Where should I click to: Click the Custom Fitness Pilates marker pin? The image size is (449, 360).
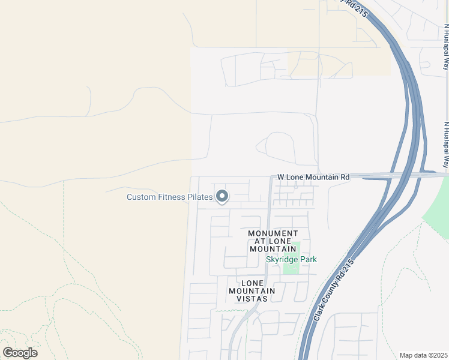click(x=222, y=196)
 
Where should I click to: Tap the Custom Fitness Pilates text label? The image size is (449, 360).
click(x=170, y=197)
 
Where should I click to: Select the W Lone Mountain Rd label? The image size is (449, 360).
click(x=313, y=178)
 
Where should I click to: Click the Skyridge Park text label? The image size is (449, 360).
click(x=291, y=259)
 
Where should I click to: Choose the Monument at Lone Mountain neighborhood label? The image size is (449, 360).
click(x=273, y=241)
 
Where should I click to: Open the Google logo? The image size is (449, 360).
click(x=20, y=353)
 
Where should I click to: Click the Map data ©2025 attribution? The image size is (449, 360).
click(x=424, y=355)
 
